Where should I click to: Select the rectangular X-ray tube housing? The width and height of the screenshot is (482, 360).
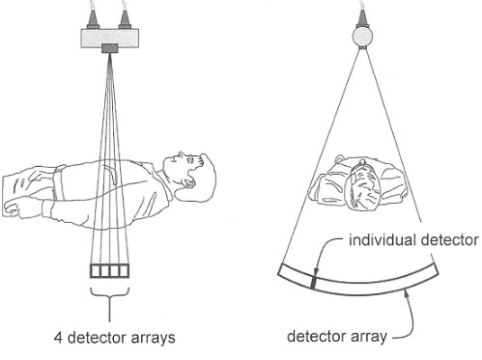112,36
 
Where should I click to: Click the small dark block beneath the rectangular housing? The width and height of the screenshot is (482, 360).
112,49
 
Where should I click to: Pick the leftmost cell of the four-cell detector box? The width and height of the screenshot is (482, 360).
95,270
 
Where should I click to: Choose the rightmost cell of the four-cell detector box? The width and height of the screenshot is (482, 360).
123,270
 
